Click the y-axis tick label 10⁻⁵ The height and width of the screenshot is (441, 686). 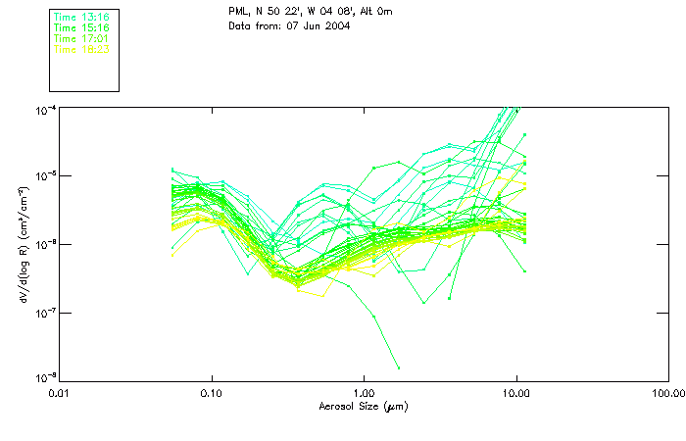click(x=45, y=176)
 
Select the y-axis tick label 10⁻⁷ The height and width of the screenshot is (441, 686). click(x=45, y=314)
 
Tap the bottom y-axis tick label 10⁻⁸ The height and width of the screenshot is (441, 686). click(x=45, y=378)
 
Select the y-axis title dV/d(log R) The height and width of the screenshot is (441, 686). click(x=23, y=244)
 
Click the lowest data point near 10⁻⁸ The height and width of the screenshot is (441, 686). click(x=398, y=367)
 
